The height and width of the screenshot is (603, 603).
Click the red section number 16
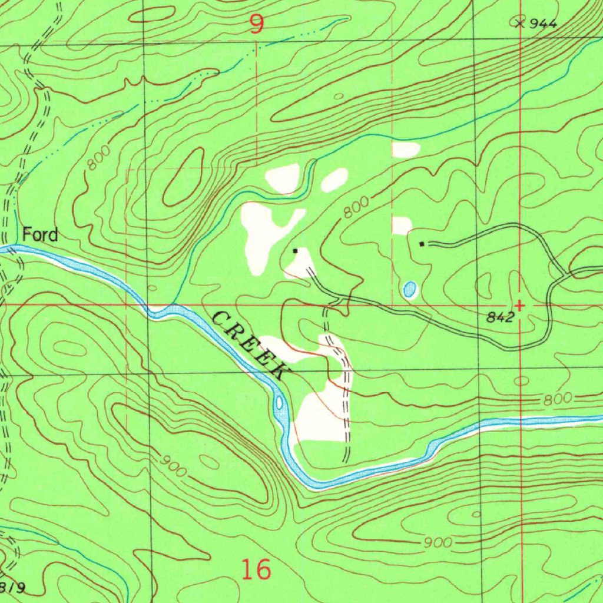[256, 569]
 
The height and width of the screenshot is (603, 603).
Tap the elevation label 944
[543, 24]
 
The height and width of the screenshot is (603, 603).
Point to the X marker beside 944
[519, 23]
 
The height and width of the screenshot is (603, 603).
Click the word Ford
[40, 235]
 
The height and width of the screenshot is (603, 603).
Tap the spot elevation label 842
[501, 317]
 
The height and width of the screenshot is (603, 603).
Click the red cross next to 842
[520, 306]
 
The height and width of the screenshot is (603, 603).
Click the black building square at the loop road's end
[422, 243]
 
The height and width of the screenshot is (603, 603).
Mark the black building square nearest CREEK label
[296, 251]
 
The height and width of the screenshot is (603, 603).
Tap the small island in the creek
[279, 403]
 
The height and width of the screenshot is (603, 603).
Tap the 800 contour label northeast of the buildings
[356, 208]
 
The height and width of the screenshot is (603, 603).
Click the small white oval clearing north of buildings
[334, 180]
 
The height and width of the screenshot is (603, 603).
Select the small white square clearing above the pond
[402, 226]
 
